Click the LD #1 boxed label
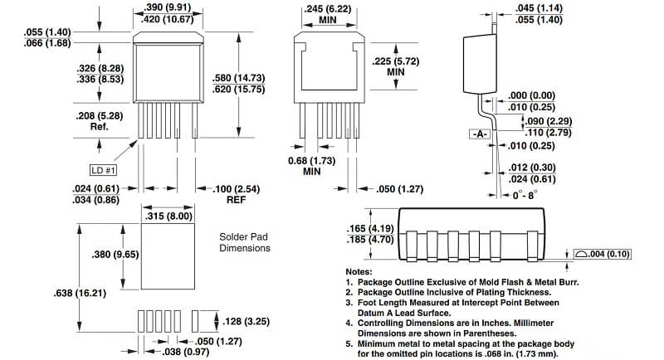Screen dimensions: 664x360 pyautogui.click(x=103, y=171)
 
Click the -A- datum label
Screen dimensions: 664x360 pyautogui.click(x=480, y=134)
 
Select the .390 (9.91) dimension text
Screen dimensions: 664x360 pyautogui.click(x=168, y=7)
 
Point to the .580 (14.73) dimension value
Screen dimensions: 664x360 pyautogui.click(x=239, y=78)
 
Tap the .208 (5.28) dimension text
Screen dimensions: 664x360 pyautogui.click(x=99, y=115)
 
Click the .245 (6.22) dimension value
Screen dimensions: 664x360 pyautogui.click(x=327, y=8)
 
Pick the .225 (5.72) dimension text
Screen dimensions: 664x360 pyautogui.click(x=396, y=61)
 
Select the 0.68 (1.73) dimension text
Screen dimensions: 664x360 pyautogui.click(x=312, y=161)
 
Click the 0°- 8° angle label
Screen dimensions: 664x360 pyautogui.click(x=525, y=195)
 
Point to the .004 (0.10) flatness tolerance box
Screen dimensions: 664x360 pyautogui.click(x=603, y=254)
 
